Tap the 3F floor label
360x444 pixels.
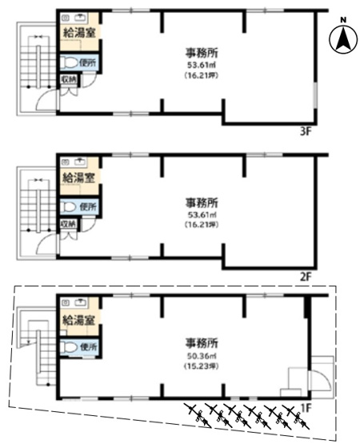305,132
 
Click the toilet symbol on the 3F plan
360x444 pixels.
69,62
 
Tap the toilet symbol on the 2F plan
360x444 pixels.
69,206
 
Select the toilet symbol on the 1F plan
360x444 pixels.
69,347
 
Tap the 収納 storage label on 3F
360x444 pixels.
69,79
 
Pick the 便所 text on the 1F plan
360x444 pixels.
87,347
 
